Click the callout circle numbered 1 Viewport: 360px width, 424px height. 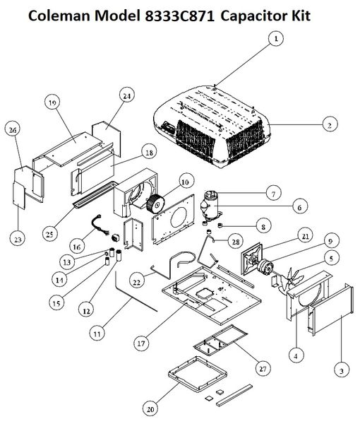click(x=276, y=39)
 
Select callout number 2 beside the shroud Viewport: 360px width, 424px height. click(x=330, y=124)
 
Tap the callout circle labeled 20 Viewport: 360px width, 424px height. click(x=150, y=409)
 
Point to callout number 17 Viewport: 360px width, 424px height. click(x=141, y=343)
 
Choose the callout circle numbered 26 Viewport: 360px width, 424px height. click(x=13, y=130)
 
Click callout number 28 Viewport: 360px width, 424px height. click(x=236, y=241)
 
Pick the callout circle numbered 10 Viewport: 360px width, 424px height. click(x=185, y=182)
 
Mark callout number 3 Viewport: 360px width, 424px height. click(x=342, y=370)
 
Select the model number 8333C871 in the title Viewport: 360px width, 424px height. click(x=180, y=16)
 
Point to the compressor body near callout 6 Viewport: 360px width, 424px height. click(x=212, y=207)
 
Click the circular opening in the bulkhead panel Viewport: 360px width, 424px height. click(x=178, y=218)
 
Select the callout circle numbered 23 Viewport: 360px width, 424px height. click(x=18, y=239)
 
